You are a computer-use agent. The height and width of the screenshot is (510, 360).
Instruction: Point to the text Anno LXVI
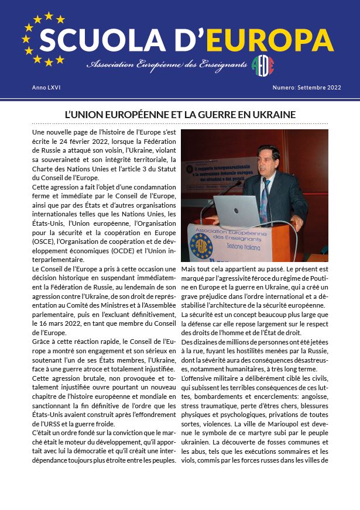click(46, 88)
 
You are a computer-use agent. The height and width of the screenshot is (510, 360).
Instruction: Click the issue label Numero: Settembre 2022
click(306, 88)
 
